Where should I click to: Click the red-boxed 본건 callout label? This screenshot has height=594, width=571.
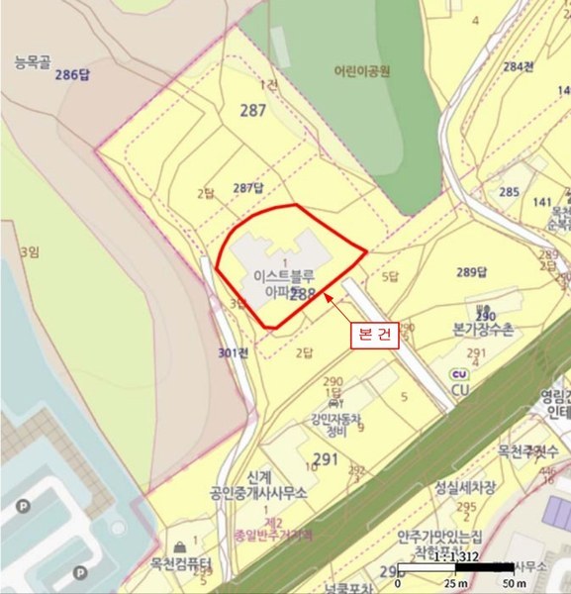point(374,335)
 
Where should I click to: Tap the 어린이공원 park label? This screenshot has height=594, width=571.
point(362,71)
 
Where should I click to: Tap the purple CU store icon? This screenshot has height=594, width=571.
point(458,373)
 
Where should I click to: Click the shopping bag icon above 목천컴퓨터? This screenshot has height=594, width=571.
point(180,545)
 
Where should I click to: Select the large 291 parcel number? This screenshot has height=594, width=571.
point(325,458)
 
